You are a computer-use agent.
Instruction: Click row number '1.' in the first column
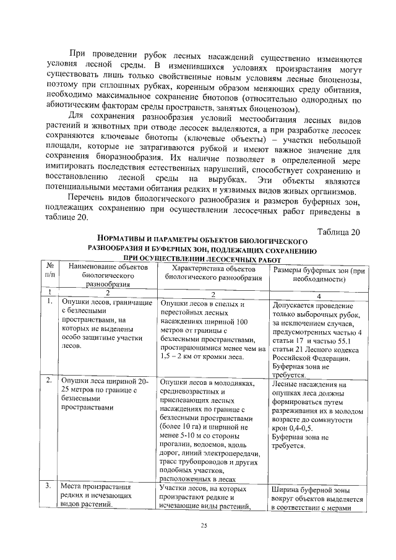[x=48, y=301]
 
